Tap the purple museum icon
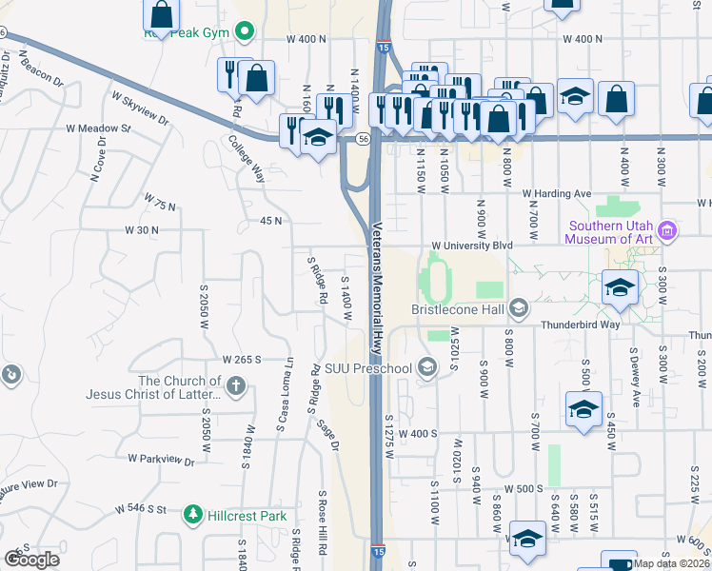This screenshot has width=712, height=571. pos(668,230)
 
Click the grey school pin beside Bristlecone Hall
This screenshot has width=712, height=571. pos(519,306)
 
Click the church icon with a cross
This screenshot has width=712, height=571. pos(236,386)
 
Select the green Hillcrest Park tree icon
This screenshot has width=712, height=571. pos(193,515)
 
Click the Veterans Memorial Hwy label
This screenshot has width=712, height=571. pos(377,285)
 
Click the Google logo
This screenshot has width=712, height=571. pos(31,560)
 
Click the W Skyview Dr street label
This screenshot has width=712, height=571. pos(139,109)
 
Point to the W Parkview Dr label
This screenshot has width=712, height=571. pos(160,459)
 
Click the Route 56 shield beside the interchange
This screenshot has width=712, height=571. pos(364,139)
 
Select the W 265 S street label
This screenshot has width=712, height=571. pos(242,360)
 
